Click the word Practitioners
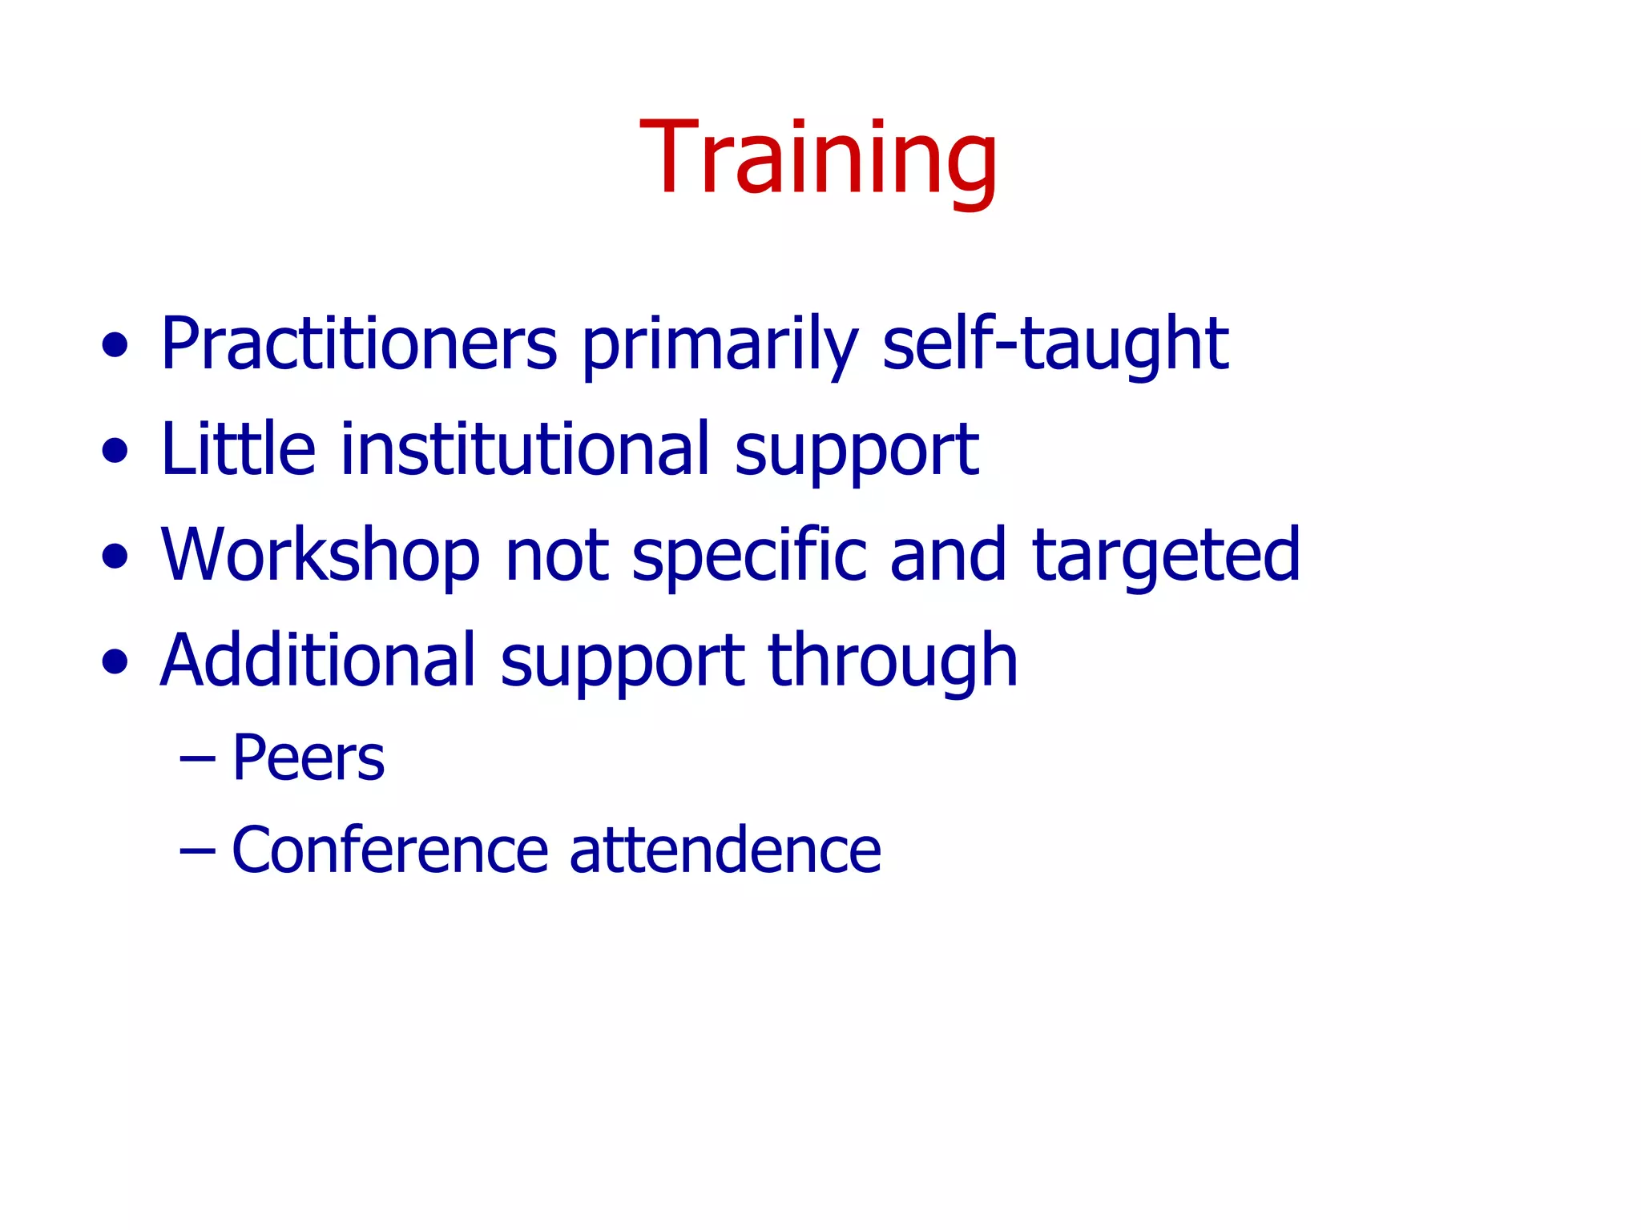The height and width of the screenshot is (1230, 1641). click(x=359, y=344)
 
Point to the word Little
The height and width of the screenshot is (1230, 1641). click(x=238, y=449)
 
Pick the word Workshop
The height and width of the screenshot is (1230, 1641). click(x=321, y=555)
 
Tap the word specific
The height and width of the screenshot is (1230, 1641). click(x=749, y=555)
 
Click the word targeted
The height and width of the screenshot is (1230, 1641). click(x=1167, y=557)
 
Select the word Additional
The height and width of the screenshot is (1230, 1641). click(x=318, y=661)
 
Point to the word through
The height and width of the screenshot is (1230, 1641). click(x=893, y=662)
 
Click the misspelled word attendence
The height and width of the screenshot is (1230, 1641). click(x=725, y=850)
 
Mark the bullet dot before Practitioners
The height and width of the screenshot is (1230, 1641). click(x=115, y=346)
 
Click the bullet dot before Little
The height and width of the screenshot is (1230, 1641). click(x=115, y=450)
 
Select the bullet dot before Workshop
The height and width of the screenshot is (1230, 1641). click(x=115, y=557)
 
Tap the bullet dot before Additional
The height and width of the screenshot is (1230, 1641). click(x=115, y=662)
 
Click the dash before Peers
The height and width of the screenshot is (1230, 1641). click(x=197, y=758)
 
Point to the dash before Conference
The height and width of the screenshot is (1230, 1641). click(x=197, y=850)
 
